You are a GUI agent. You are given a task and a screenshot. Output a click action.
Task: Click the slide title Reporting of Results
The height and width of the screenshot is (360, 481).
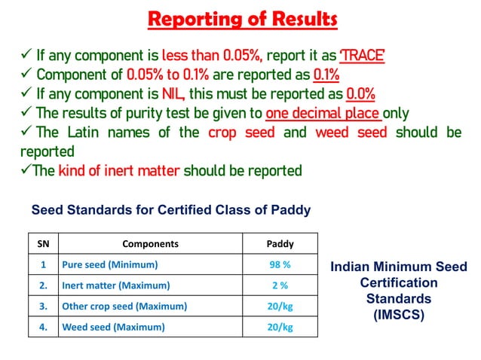click(x=242, y=19)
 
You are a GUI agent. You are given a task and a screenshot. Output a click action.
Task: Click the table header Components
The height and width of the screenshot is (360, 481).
click(x=150, y=244)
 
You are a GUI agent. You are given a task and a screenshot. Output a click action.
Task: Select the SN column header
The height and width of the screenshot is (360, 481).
click(x=43, y=244)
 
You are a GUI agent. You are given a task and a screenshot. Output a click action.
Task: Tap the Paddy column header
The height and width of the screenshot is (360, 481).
click(x=280, y=244)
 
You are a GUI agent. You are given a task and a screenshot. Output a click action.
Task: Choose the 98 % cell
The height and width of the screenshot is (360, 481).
click(x=280, y=265)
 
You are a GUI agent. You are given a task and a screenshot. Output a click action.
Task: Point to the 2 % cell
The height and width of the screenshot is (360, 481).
click(x=280, y=285)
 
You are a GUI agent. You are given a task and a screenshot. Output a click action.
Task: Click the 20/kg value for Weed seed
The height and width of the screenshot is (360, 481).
click(x=280, y=327)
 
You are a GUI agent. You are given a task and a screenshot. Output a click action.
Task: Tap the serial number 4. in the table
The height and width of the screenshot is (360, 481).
click(x=43, y=327)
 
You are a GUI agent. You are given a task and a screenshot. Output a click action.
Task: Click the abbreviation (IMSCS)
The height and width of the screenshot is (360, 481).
click(x=399, y=315)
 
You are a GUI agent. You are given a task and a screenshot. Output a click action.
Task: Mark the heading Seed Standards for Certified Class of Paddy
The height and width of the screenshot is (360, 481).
click(x=171, y=210)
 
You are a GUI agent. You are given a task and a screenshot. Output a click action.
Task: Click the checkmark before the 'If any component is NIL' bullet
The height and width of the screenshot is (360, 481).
click(x=25, y=94)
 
